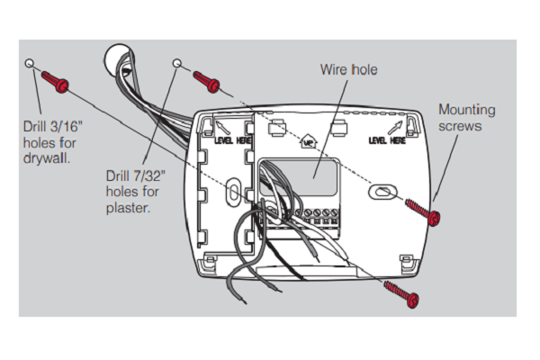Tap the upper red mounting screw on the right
click(424, 213)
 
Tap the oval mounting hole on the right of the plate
click(382, 191)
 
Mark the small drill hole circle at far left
click(31, 64)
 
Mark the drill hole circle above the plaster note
click(176, 63)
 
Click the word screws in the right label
click(460, 126)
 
